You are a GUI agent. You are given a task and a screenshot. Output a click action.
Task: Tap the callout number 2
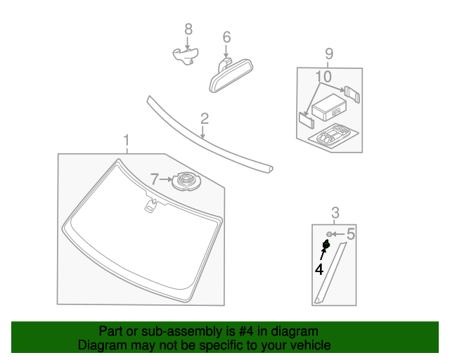204,118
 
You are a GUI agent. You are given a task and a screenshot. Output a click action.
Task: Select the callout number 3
335,212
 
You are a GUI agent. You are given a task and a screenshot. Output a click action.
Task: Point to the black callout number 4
319,269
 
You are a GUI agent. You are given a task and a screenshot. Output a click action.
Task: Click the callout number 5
350,233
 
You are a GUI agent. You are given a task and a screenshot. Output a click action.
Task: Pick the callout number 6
226,37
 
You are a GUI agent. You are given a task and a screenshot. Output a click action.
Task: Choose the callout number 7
155,180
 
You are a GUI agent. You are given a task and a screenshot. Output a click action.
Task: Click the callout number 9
329,53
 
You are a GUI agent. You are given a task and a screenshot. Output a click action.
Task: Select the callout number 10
323,76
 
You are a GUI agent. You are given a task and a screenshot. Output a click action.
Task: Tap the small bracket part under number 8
185,56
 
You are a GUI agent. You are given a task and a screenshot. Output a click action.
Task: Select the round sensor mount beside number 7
186,182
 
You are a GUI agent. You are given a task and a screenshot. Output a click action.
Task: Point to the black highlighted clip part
326,245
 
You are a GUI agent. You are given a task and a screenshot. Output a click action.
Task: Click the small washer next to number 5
329,234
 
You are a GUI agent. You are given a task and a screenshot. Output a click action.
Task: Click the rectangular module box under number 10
329,110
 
